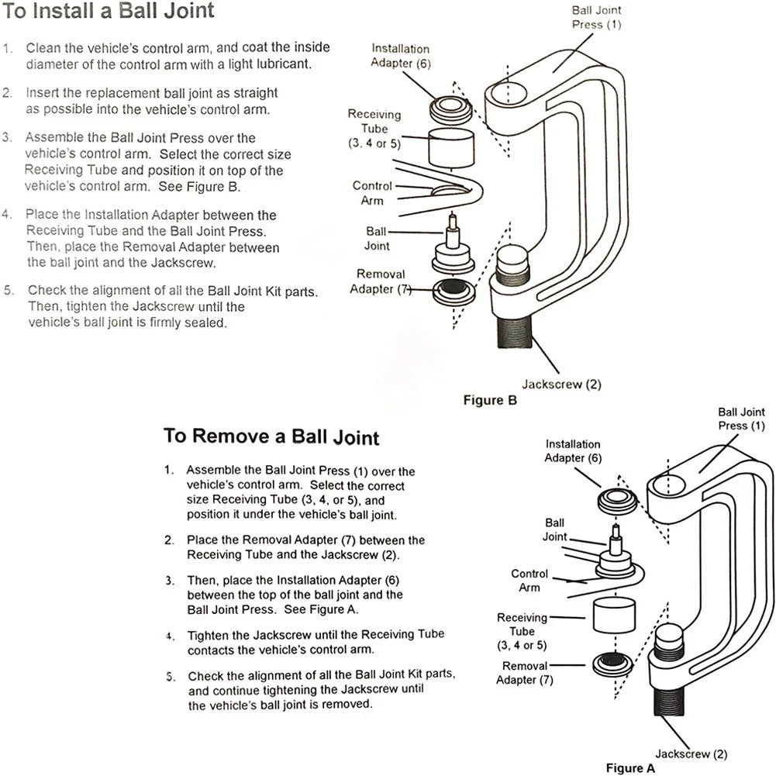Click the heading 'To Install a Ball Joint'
109,11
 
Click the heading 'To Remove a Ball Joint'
271,436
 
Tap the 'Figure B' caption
490,400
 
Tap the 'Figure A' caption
630,768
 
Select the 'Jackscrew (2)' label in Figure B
562,385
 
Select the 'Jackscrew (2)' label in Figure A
692,754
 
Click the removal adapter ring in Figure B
454,291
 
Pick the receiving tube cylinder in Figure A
614,616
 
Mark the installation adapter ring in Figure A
618,502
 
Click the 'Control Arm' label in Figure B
371,193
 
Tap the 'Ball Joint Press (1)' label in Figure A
741,419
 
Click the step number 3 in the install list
7,137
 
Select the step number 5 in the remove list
171,677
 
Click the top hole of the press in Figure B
511,94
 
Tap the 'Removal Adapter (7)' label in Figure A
525,673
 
